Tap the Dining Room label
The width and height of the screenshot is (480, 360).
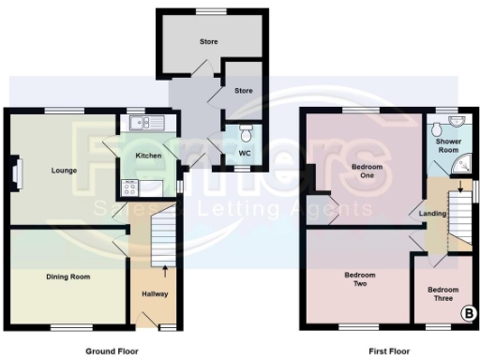coord(68,277)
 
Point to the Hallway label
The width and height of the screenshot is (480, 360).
coord(155,293)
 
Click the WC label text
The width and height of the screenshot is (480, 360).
coord(245,152)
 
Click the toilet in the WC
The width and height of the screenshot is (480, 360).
coord(246,131)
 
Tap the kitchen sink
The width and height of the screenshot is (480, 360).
coord(147,122)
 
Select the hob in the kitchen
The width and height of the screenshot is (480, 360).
coord(130,187)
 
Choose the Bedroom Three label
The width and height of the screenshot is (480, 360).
coord(444,293)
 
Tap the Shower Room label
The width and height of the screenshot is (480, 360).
coord(448,145)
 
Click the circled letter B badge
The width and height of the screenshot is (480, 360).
coord(467,314)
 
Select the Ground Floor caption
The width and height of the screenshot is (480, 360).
coord(112,351)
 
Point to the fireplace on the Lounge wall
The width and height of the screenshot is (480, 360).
coord(13,174)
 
